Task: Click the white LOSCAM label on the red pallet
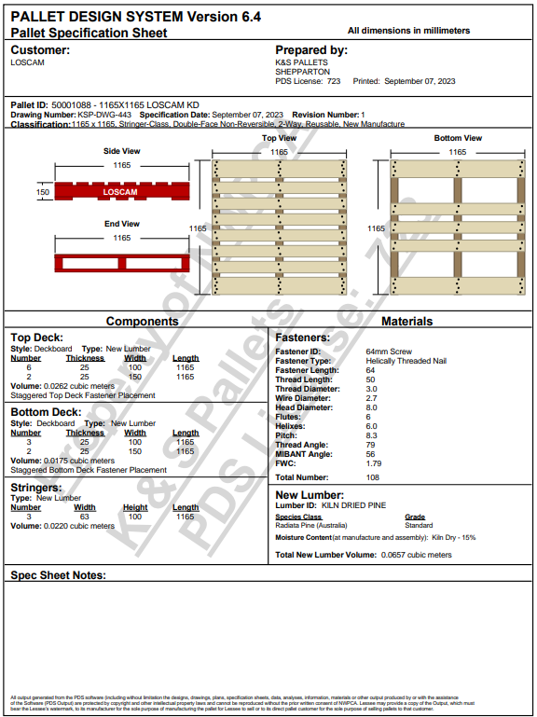pos(119,192)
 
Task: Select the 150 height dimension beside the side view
pos(43,192)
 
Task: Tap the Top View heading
pos(279,138)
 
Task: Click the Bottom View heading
pos(458,138)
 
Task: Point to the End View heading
pos(121,224)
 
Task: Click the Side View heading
pos(121,151)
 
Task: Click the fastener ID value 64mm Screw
pos(389,352)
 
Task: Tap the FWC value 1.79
pos(373,462)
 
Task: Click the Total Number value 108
pos(374,477)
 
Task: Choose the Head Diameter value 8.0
pos(371,407)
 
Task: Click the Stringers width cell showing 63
pos(85,517)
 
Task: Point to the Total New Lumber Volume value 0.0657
pos(394,555)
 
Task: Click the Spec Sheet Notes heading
pos(58,575)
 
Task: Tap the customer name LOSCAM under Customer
pos(27,62)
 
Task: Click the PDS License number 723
pos(334,81)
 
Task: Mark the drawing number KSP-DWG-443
pos(103,114)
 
